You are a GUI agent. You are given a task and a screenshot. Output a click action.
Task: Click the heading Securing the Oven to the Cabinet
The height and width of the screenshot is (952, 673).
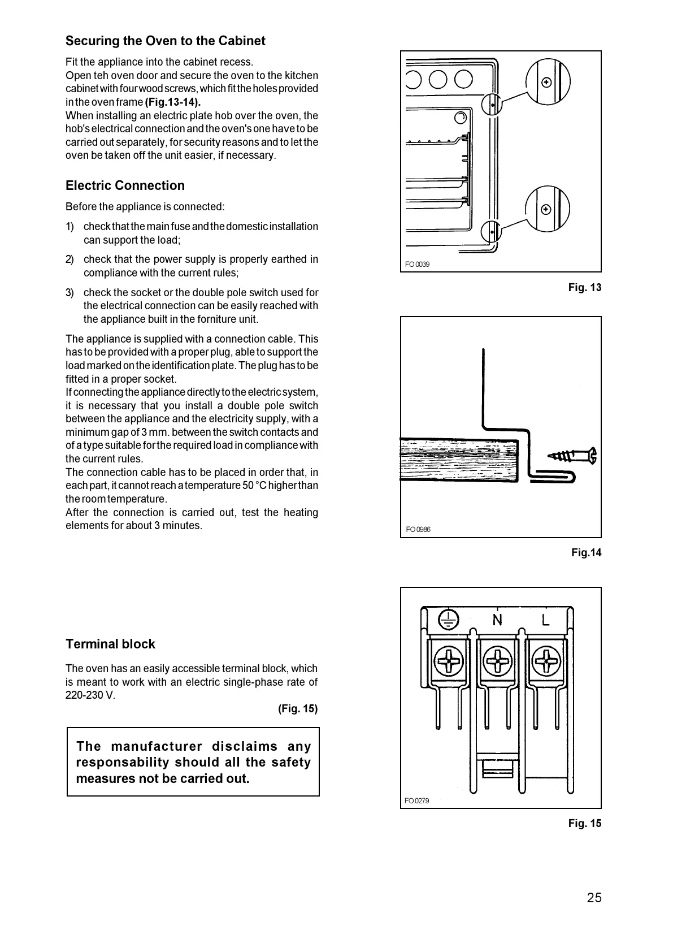pos(165,41)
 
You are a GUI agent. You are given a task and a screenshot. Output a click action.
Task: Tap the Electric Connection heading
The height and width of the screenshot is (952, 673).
pos(125,185)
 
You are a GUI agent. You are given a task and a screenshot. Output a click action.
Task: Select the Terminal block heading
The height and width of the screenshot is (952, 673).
pos(110,644)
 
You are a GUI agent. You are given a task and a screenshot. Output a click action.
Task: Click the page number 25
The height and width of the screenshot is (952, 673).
pos(594,898)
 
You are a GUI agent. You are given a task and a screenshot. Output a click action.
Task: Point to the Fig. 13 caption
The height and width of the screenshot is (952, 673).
pos(585,287)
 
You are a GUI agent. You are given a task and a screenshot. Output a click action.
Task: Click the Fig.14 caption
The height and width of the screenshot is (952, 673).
pos(586,552)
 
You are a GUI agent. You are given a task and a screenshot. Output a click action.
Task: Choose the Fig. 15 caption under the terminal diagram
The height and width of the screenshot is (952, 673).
pos(585,823)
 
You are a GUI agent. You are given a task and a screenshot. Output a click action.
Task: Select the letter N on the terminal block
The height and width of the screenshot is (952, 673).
pos(497,620)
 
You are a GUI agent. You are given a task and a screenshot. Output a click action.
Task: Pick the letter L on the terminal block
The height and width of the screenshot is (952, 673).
pos(545,620)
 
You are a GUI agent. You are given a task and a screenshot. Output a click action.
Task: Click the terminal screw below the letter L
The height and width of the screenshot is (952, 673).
pos(546,660)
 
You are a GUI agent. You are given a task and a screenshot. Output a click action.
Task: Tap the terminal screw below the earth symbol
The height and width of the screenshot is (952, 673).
pos(450,660)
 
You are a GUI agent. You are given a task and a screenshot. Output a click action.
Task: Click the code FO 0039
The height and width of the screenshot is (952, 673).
pos(418,264)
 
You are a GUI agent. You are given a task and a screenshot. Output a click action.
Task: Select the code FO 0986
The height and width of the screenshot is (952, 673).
pos(418,529)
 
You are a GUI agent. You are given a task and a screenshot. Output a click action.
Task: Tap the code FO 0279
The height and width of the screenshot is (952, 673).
pos(417,800)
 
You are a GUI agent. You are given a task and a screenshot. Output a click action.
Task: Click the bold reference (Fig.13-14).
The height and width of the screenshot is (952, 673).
pos(173,102)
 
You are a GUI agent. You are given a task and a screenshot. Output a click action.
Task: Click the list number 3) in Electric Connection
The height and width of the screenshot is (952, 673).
pos(70,292)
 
